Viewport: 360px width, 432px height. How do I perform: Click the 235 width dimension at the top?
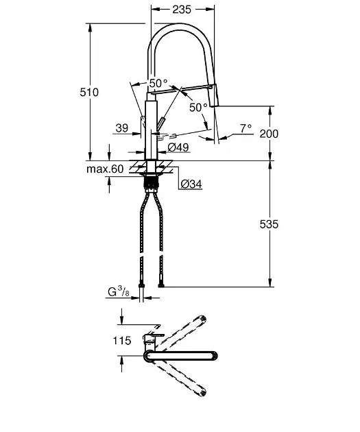coord(182,10)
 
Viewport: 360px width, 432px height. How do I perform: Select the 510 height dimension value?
coord(89,92)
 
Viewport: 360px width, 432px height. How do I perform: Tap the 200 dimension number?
coord(269,134)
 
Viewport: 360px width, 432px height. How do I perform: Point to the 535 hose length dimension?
coord(269,224)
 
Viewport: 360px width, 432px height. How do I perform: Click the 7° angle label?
coord(245,128)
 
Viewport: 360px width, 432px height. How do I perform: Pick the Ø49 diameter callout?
coord(178,147)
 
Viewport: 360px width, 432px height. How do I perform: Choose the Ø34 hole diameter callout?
coord(191,184)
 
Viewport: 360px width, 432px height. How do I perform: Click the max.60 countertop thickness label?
coord(105,169)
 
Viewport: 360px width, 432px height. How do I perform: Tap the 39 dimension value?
coord(122,128)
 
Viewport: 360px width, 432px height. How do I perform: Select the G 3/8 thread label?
coord(119,291)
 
